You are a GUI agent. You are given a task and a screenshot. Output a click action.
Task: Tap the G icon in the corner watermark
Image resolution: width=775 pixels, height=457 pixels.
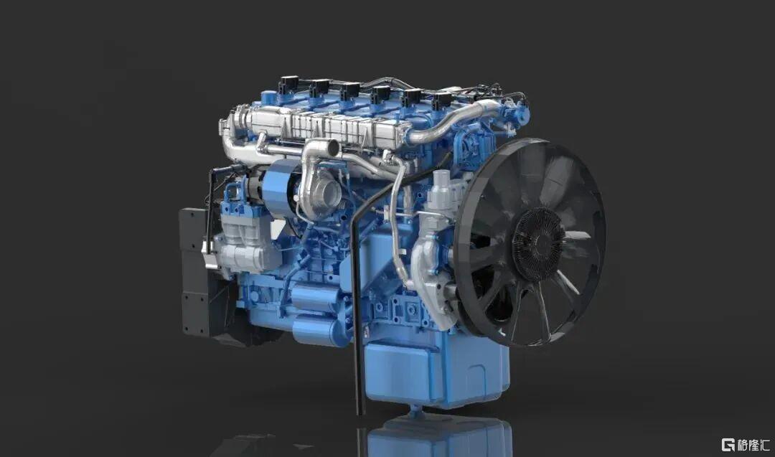click(728, 444)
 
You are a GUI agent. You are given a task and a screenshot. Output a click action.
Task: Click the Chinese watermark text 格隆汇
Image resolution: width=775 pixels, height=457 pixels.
click(753, 445)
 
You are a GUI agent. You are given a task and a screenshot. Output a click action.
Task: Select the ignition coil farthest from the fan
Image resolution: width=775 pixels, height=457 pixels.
click(288, 84)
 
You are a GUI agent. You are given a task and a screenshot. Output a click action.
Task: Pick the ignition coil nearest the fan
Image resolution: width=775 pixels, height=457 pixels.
click(441, 101)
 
